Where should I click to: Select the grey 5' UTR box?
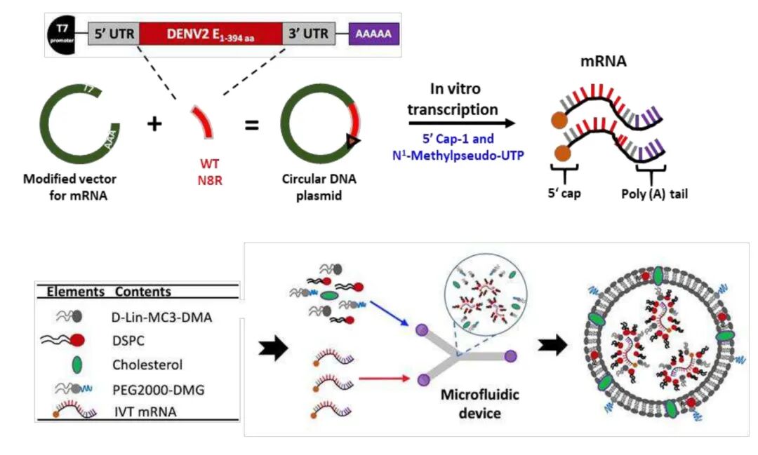[x=113, y=32]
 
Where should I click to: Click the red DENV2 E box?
[x=211, y=32]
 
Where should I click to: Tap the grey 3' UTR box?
[x=308, y=32]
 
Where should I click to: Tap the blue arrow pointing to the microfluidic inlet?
[x=388, y=314]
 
